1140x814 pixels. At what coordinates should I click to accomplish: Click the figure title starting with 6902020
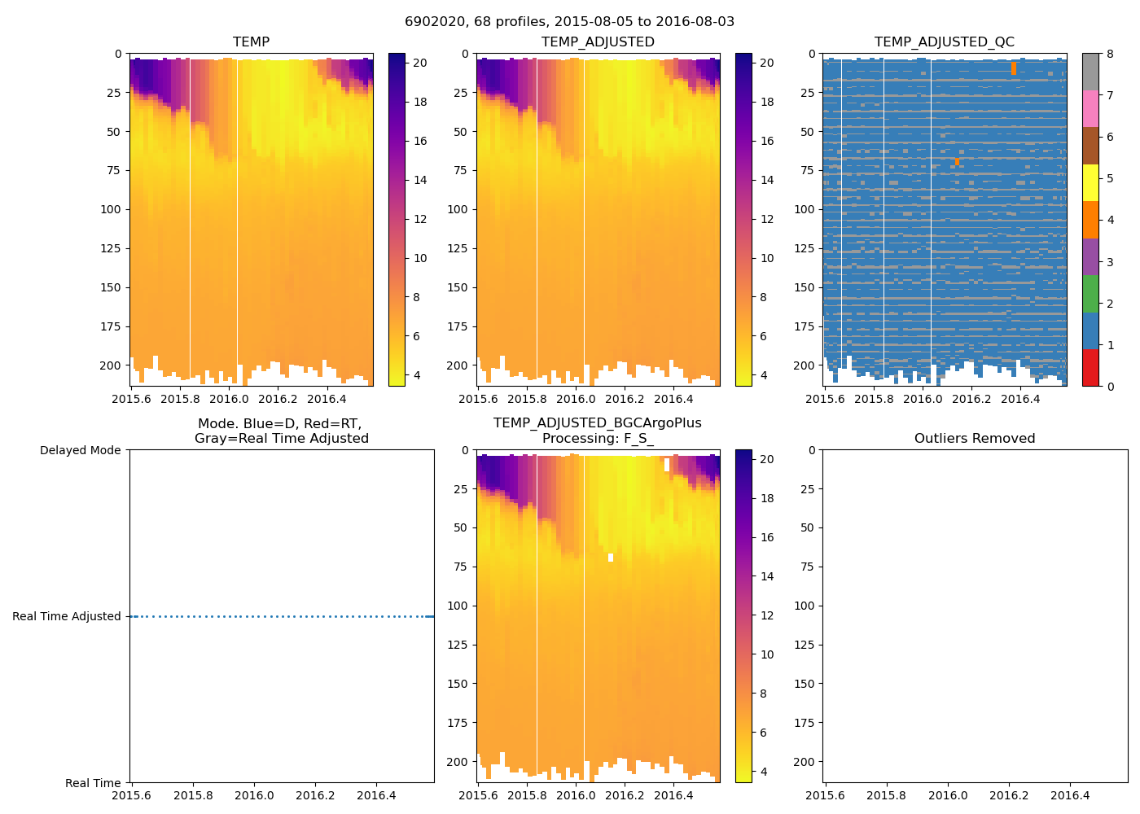569,22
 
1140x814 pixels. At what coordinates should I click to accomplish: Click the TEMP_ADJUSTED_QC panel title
944,42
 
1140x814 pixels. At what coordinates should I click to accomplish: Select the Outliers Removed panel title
974,439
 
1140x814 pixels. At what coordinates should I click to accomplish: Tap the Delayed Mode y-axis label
80,450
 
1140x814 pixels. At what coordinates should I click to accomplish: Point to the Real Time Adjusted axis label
66,617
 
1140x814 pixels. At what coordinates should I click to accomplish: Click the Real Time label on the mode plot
93,783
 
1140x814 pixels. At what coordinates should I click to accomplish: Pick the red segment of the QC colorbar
1090,368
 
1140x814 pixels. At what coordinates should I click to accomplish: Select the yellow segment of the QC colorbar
1090,183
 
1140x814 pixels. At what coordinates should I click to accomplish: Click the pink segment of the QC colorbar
1090,108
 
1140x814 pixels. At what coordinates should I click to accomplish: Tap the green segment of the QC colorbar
1090,294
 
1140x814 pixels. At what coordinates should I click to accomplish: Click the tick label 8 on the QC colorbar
1110,55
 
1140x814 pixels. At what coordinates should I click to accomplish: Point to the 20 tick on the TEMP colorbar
419,63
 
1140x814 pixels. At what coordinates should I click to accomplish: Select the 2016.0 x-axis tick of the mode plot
254,795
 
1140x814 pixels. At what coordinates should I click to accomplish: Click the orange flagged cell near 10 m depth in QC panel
1013,68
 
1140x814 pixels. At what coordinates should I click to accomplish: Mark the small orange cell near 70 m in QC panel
957,162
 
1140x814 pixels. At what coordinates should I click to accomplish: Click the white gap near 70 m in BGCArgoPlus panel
610,558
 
